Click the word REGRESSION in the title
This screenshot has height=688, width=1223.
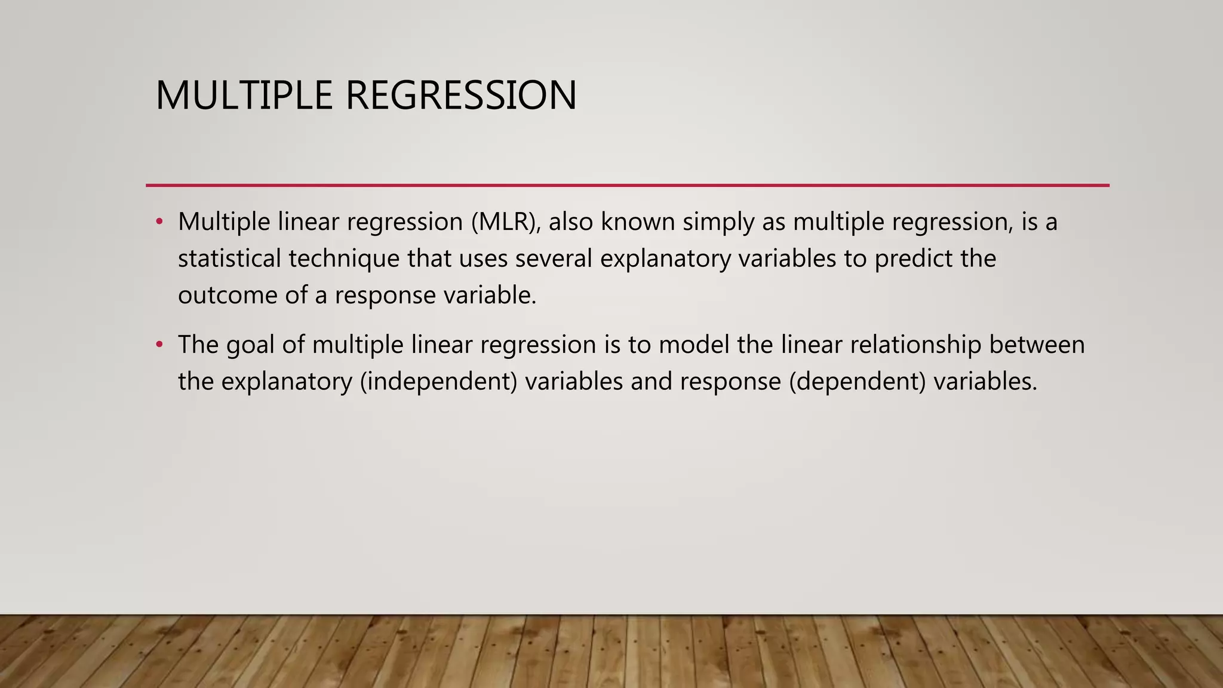(x=461, y=96)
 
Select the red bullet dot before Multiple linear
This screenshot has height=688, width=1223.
(x=159, y=222)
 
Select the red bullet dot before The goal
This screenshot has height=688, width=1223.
(x=159, y=345)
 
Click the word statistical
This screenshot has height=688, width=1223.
(x=229, y=259)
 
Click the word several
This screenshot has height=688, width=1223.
(x=554, y=259)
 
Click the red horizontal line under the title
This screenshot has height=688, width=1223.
(x=627, y=186)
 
